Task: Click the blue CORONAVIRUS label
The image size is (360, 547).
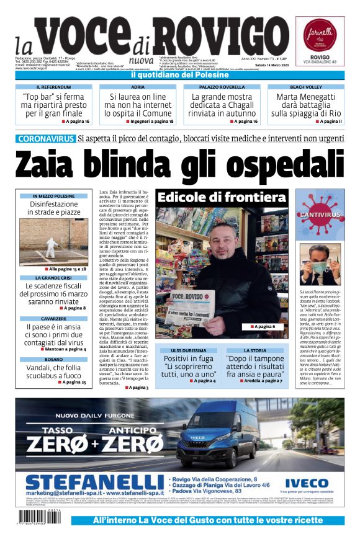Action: (47, 138)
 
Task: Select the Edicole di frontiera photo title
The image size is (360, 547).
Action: (222, 198)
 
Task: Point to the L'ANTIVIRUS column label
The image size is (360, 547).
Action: (320, 215)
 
